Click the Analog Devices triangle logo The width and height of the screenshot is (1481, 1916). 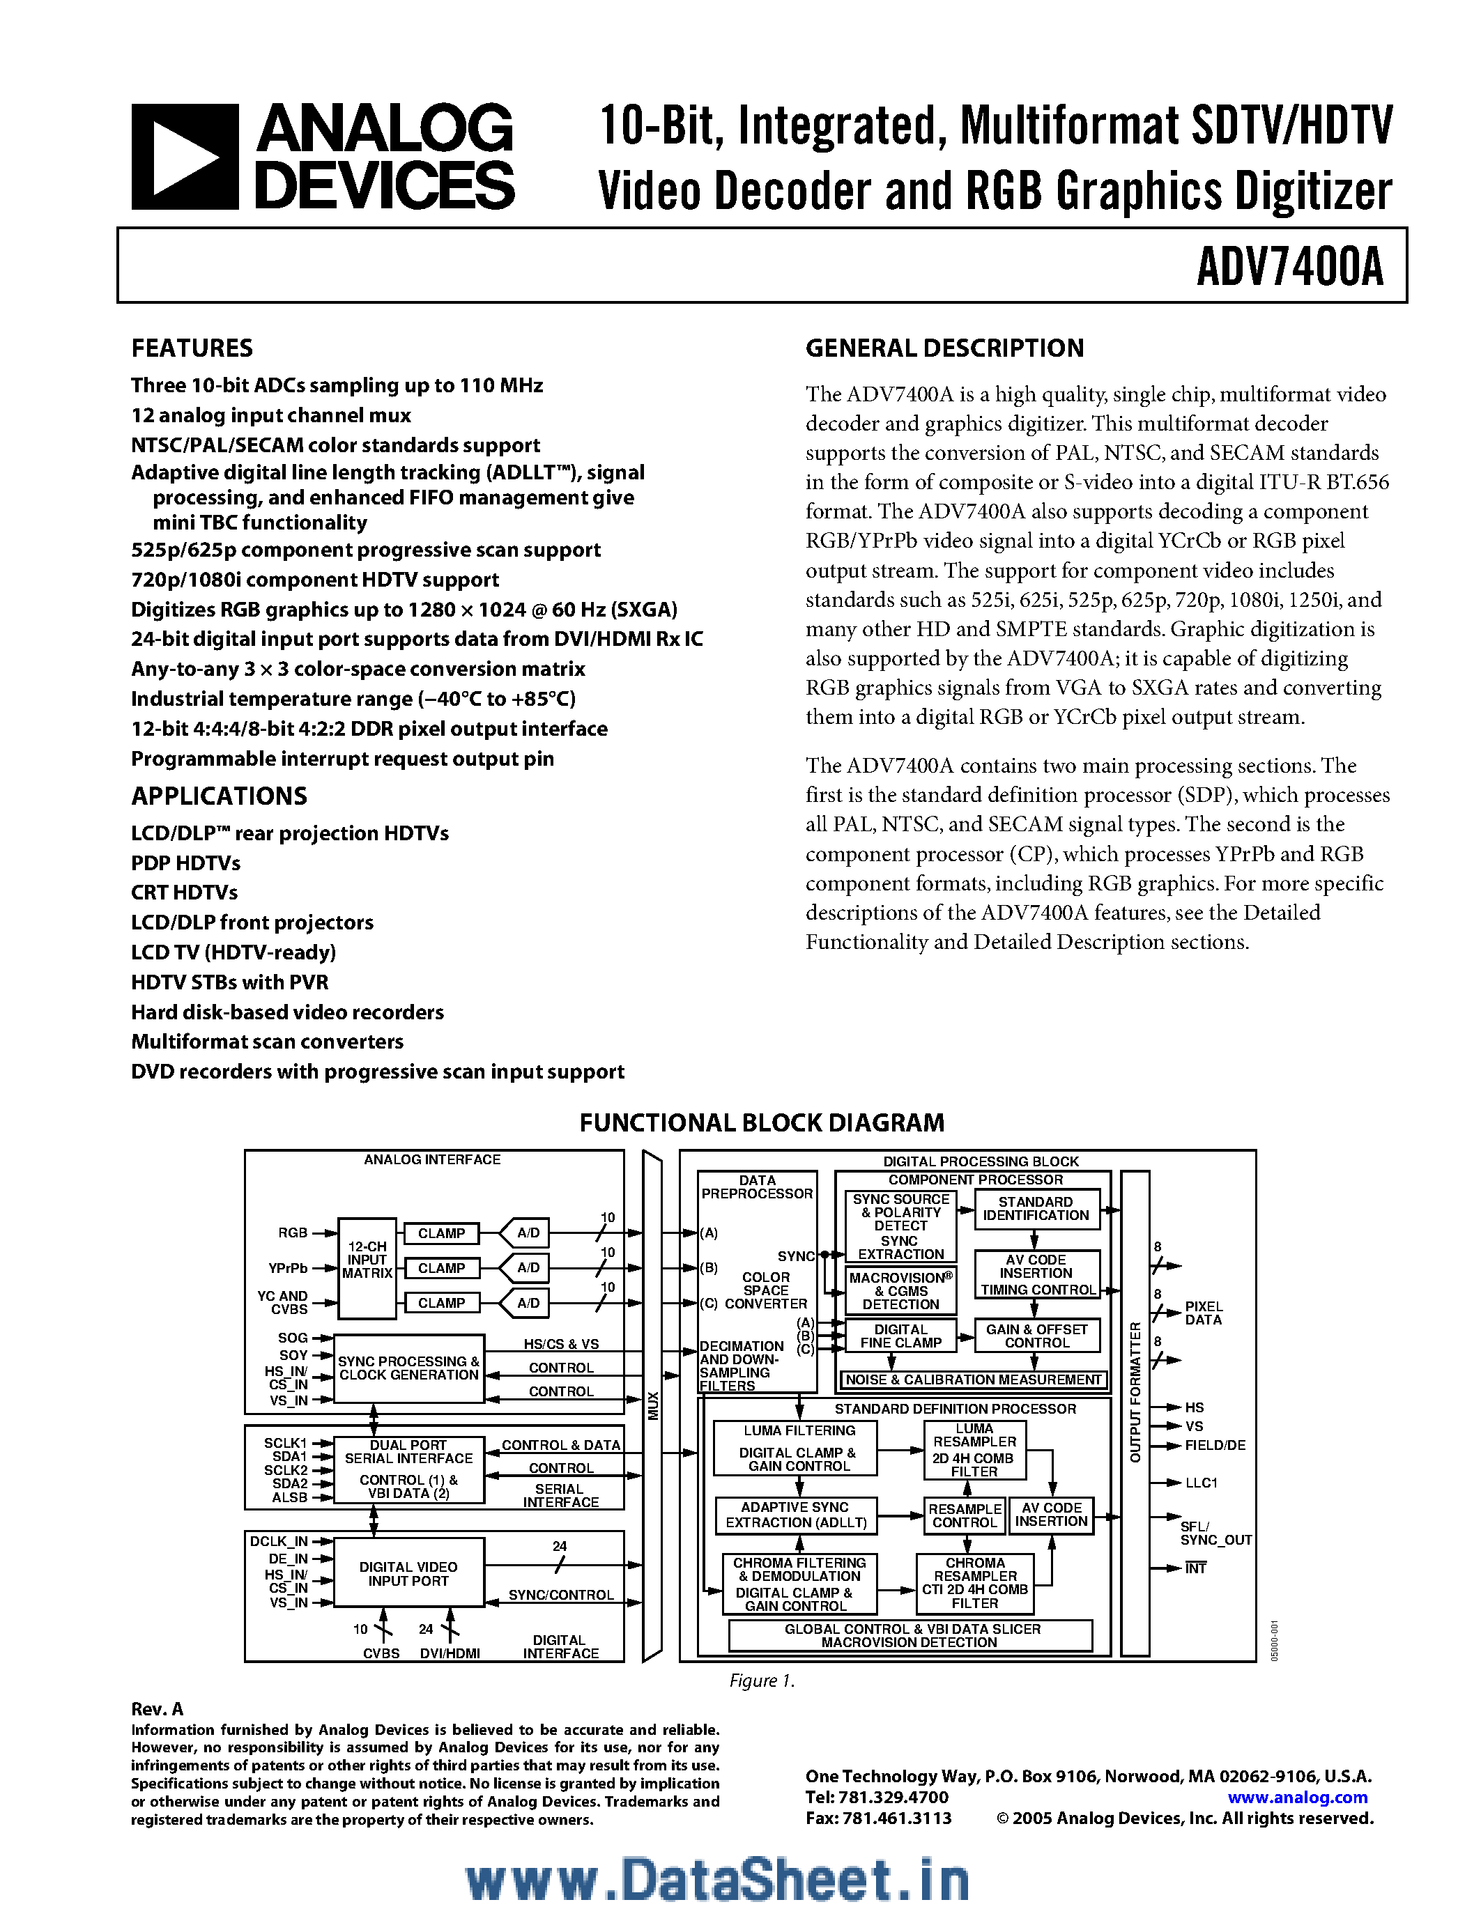[x=184, y=156]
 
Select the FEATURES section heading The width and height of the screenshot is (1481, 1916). [x=192, y=348]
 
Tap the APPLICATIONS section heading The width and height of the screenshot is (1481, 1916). [x=220, y=796]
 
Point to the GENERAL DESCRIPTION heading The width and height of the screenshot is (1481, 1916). [x=944, y=348]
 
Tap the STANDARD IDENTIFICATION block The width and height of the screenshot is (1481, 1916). [x=1035, y=1209]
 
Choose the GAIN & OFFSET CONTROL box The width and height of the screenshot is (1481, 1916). [x=1036, y=1336]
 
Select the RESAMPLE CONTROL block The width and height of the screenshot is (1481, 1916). [x=965, y=1515]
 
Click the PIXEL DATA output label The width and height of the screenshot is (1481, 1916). [x=1203, y=1313]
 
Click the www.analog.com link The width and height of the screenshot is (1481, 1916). [x=1298, y=1798]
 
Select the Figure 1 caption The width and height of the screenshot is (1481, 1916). [x=762, y=1681]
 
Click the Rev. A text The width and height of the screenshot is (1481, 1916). [x=157, y=1709]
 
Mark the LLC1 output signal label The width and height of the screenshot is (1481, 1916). [x=1201, y=1483]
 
